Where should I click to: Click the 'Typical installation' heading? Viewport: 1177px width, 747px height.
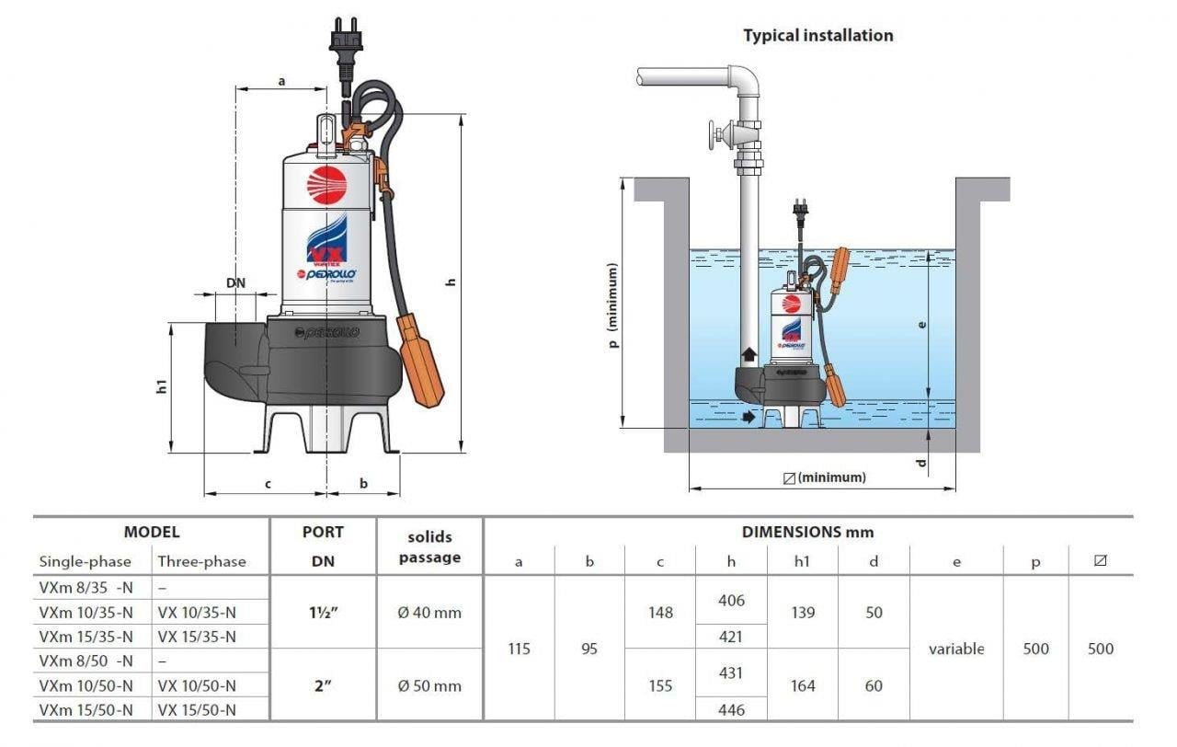(x=817, y=36)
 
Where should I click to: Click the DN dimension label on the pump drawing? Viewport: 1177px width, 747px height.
(x=236, y=283)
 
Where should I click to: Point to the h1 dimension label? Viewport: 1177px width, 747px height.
(x=162, y=386)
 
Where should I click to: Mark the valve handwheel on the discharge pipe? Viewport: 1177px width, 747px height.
(x=714, y=138)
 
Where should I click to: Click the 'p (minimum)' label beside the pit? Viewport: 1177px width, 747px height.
(x=613, y=306)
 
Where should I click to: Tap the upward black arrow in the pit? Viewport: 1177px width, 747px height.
(x=748, y=354)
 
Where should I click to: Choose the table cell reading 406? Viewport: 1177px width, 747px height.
(x=730, y=601)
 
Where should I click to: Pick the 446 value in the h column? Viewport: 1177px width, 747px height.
(x=730, y=709)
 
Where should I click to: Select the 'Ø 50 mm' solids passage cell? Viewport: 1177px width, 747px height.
(x=429, y=685)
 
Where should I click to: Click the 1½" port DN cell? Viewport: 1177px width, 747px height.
(x=323, y=613)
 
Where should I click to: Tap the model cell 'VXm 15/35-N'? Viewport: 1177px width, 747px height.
(x=86, y=637)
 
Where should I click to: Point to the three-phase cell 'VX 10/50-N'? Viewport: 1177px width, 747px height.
(x=197, y=685)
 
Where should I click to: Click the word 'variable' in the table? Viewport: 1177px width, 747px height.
(x=956, y=649)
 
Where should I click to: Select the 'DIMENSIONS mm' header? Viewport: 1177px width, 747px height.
(x=807, y=532)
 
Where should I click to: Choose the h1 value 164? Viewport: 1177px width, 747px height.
(x=803, y=685)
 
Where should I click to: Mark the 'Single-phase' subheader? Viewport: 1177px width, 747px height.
(x=85, y=561)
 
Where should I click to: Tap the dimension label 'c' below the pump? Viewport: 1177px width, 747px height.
(x=268, y=483)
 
